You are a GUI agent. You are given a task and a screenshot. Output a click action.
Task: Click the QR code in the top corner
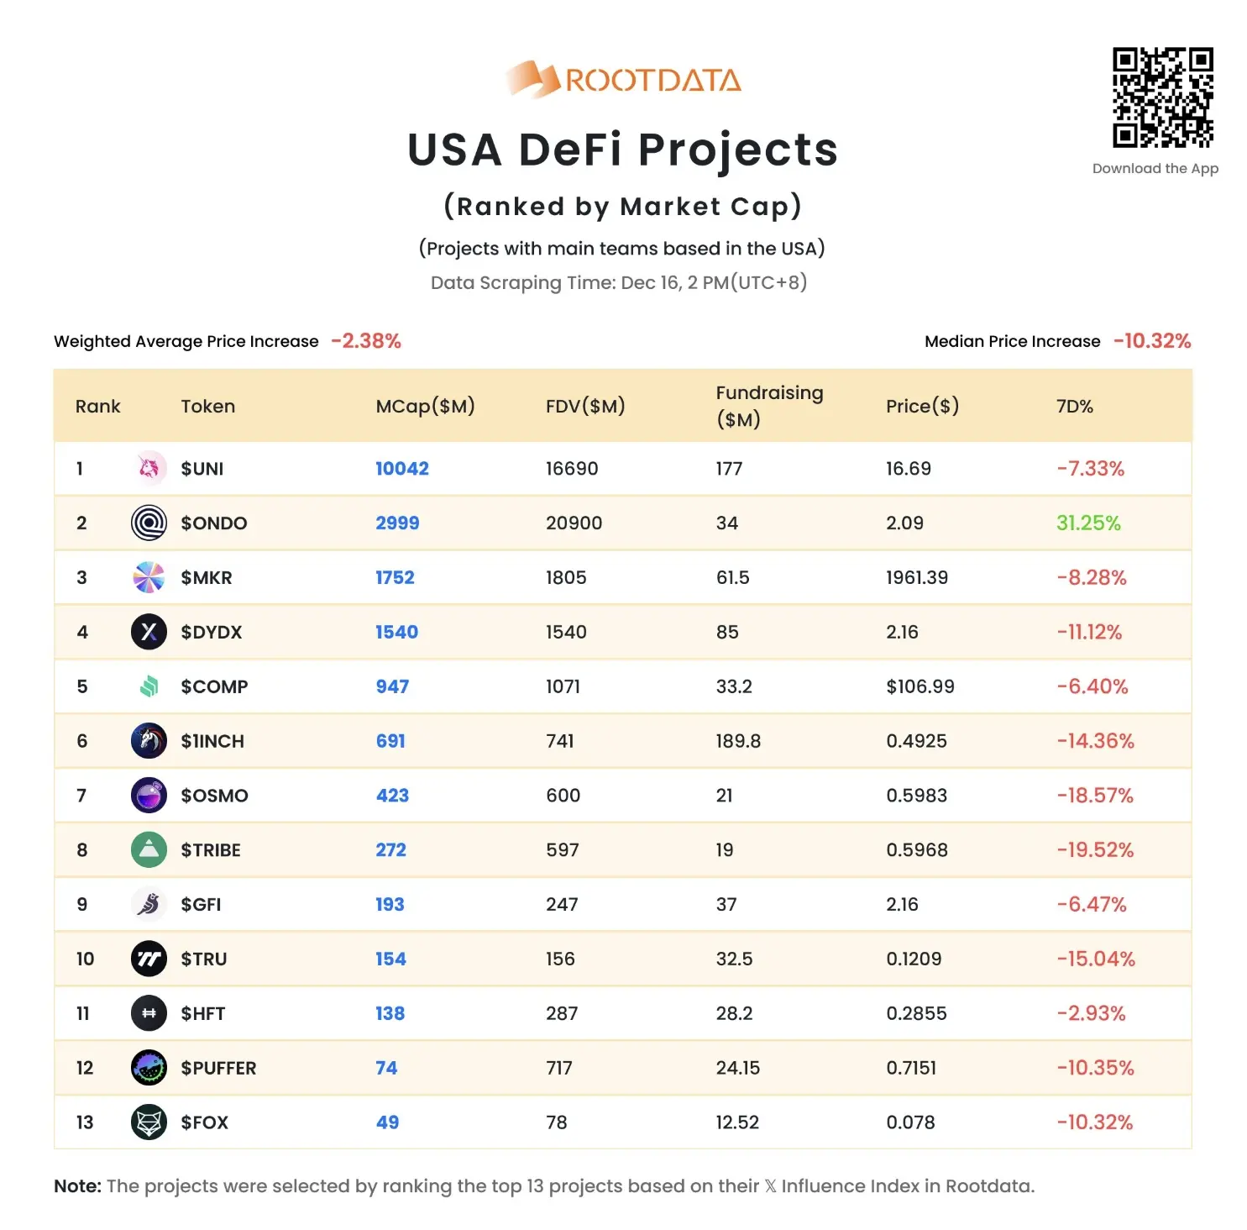click(1162, 97)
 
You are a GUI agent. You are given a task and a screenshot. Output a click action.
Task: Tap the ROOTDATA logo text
click(652, 81)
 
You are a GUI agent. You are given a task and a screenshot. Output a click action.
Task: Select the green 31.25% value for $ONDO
click(1087, 523)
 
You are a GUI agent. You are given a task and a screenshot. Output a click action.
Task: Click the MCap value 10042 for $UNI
click(401, 469)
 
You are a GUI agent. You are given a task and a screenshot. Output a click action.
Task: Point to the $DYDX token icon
click(149, 632)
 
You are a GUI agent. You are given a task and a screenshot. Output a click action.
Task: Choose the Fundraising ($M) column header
click(768, 406)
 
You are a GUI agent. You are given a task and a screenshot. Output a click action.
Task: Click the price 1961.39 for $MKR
click(916, 577)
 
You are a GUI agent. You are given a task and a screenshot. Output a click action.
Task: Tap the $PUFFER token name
click(218, 1068)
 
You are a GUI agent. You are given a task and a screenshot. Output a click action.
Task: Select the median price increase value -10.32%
click(1151, 341)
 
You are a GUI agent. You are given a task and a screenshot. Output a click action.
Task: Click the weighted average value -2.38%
click(366, 341)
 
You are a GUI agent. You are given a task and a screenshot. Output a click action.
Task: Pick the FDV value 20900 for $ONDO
click(574, 523)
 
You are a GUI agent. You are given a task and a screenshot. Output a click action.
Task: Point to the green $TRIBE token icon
click(149, 849)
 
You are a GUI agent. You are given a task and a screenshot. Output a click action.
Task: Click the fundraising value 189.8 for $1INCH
click(737, 741)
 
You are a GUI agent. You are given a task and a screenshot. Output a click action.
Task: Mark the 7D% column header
click(1074, 407)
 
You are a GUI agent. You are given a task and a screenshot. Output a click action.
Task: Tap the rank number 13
click(85, 1122)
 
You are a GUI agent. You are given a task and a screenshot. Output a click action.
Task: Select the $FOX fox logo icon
click(149, 1122)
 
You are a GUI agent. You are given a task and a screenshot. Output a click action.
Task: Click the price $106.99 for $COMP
click(920, 686)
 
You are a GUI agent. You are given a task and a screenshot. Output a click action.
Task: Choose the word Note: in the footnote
click(77, 1186)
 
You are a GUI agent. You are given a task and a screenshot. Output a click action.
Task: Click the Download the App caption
click(1155, 169)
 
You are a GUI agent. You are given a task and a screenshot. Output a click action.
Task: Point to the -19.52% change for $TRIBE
click(1094, 849)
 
